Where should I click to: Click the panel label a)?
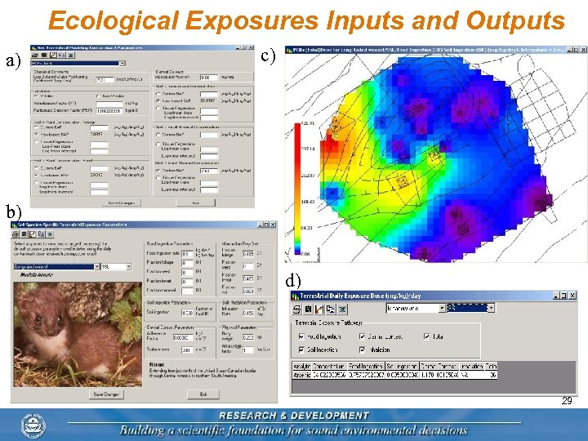point(13,61)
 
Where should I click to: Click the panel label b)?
point(14,213)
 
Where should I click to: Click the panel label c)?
point(269,56)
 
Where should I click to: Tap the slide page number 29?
point(566,402)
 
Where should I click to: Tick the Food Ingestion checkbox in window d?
point(302,336)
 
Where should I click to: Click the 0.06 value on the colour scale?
point(306,253)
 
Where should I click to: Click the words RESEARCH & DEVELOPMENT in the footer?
point(294,416)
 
